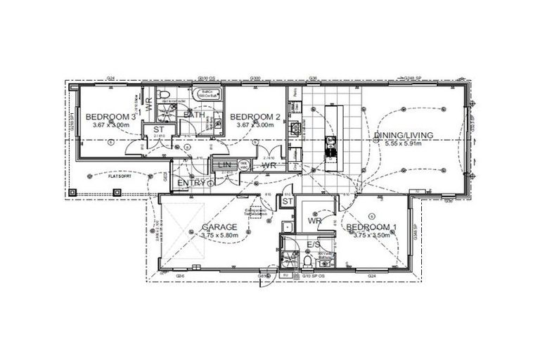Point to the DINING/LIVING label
(x=412, y=135)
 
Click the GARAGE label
(x=219, y=227)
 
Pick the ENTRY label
(x=191, y=183)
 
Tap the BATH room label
(x=193, y=115)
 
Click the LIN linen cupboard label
(x=225, y=165)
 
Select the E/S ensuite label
(x=314, y=244)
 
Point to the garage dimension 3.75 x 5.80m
(x=219, y=236)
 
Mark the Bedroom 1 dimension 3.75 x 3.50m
(x=371, y=236)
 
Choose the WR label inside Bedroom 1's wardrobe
(x=314, y=221)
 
